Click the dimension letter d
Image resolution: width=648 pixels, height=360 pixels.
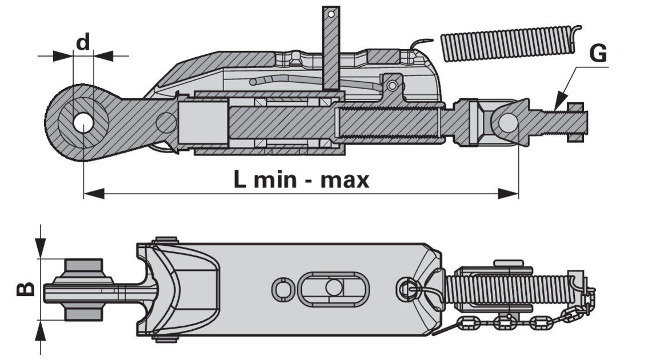83,42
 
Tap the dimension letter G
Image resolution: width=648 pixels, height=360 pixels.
598,54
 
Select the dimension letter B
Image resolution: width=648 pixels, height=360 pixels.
26,289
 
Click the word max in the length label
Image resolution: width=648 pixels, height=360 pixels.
345,180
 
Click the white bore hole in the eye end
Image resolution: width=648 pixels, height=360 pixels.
83,122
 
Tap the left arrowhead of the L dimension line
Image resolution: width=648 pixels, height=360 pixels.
94,193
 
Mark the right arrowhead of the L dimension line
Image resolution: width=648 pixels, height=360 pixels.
509,193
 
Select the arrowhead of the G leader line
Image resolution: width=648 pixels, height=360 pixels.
561,102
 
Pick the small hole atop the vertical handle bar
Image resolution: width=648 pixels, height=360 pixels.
331,14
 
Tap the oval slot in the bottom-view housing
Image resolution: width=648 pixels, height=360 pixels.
333,289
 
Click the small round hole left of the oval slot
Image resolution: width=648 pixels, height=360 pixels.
283,289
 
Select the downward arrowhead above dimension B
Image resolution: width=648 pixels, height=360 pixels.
40,248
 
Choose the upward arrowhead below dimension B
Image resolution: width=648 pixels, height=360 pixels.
40,331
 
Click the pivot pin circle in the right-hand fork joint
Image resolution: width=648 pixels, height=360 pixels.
508,122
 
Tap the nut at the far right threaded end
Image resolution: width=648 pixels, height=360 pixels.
575,122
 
